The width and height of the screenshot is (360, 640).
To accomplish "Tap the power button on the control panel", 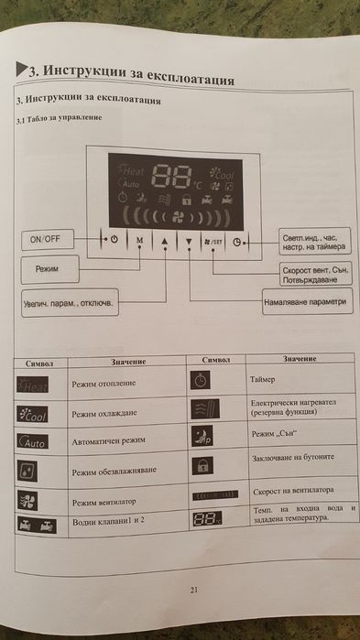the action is [x=113, y=241].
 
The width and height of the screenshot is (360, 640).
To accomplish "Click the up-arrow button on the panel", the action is [x=165, y=243].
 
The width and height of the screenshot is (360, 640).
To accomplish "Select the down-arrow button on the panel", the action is [x=189, y=244].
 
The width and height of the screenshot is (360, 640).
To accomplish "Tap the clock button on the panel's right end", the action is [x=239, y=244].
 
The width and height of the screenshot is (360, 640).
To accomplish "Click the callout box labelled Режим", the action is [x=49, y=271].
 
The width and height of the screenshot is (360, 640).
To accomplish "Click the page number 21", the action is [x=193, y=589].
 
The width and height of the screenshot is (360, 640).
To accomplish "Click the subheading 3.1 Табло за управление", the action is [x=57, y=121].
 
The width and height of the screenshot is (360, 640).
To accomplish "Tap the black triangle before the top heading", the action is [x=23, y=67].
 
